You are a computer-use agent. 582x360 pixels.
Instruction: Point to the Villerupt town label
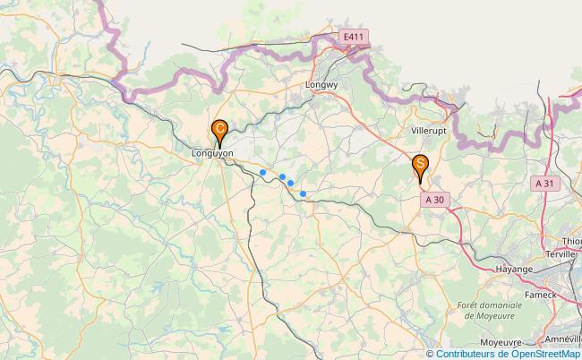(429, 130)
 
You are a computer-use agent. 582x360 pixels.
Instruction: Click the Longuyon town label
(213, 153)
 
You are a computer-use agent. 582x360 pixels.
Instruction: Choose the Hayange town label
(515, 269)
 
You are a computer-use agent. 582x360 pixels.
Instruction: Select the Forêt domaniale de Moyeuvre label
(488, 310)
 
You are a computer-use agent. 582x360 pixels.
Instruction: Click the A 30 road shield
(434, 200)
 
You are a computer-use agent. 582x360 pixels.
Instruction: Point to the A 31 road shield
(543, 183)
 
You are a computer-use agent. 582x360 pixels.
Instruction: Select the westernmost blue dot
(262, 172)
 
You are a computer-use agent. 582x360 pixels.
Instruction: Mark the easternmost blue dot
(303, 193)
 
